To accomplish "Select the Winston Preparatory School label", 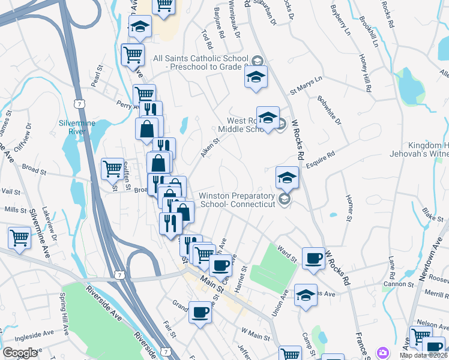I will point(237,200).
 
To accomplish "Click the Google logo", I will point(20,353).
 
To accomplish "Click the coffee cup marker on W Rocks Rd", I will point(313,257).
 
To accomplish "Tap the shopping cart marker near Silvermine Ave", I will point(20,237).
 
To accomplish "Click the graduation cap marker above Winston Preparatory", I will point(288,177).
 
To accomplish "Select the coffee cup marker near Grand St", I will point(200,311).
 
